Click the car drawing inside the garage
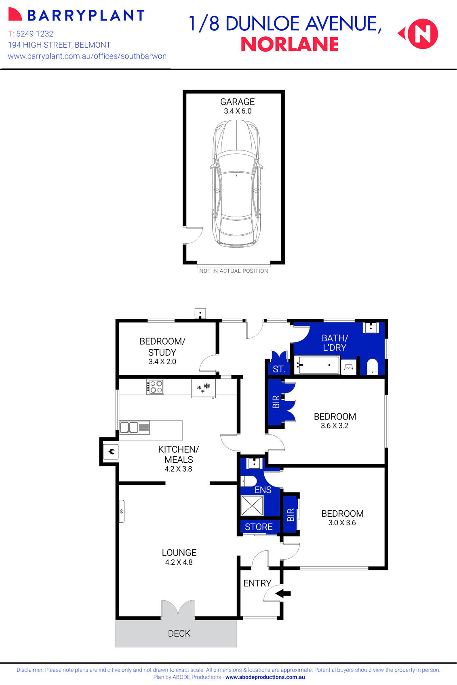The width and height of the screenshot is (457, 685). (x=236, y=184)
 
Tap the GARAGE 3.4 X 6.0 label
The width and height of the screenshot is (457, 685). (x=238, y=106)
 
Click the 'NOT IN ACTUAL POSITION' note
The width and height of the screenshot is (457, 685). (x=234, y=271)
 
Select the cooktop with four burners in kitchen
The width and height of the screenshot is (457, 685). (x=155, y=386)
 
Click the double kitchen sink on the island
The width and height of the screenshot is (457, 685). (x=135, y=427)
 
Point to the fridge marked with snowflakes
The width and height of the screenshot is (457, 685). (x=203, y=388)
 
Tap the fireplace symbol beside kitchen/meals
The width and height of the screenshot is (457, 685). (x=111, y=451)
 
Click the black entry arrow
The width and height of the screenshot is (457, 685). (x=284, y=593)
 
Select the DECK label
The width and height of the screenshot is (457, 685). (x=179, y=633)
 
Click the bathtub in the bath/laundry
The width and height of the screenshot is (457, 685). (x=316, y=365)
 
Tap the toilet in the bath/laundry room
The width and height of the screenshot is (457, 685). (x=372, y=366)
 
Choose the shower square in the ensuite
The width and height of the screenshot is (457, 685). (x=252, y=505)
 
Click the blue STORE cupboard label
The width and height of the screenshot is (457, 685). (x=259, y=527)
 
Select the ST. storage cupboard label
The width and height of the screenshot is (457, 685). (x=279, y=369)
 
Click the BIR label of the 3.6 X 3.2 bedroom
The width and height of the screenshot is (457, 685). (x=276, y=402)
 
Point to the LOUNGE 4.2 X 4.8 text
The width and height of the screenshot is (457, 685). (x=179, y=557)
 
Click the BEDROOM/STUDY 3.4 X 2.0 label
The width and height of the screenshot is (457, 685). (x=162, y=351)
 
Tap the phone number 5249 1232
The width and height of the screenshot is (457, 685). (x=35, y=34)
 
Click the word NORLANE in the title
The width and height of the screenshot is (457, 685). (x=289, y=44)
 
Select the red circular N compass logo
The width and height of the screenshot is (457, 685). (x=422, y=34)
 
